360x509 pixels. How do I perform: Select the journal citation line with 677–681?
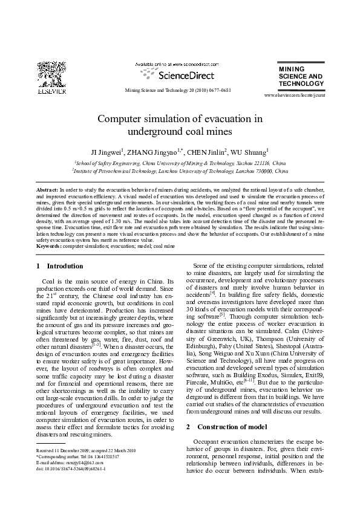[x=178, y=89]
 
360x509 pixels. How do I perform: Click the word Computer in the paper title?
[x=122, y=118]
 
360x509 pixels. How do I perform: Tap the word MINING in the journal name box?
[x=291, y=70]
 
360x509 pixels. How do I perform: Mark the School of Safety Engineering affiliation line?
[x=180, y=163]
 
